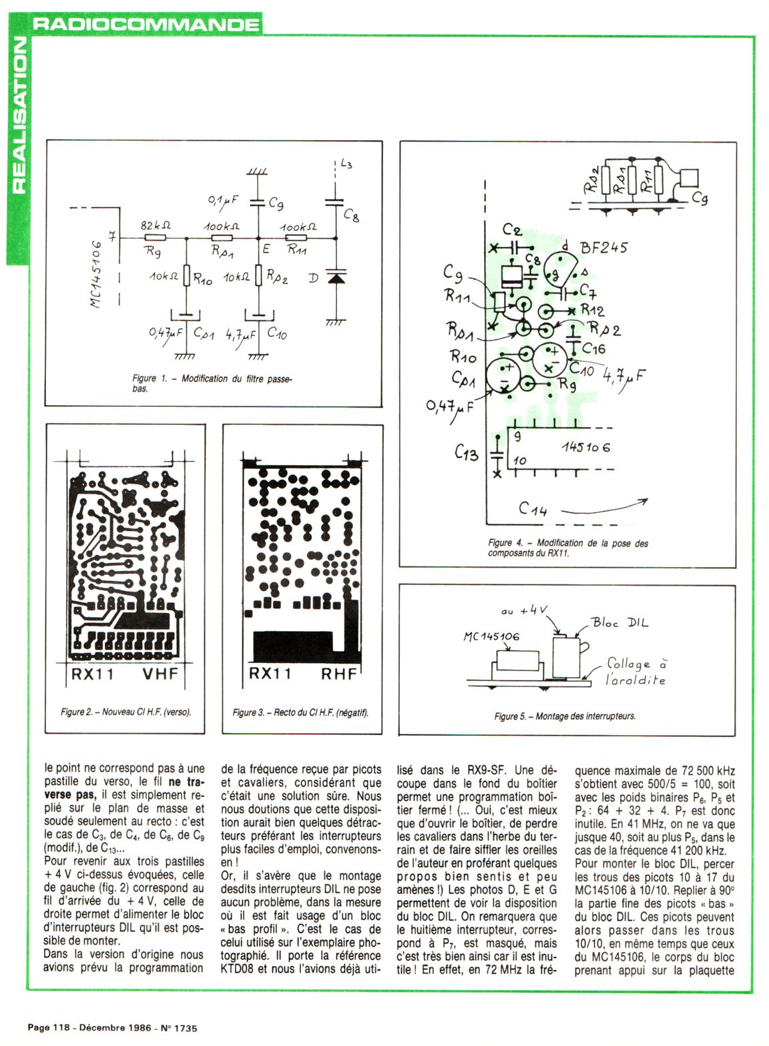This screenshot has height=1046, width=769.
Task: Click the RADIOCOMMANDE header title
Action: click(x=146, y=25)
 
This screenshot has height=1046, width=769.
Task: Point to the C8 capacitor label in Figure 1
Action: click(x=352, y=215)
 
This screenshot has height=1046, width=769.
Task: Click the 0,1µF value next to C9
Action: click(x=223, y=199)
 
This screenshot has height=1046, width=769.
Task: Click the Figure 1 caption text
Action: click(x=212, y=383)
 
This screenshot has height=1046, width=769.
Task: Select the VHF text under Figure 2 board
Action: click(x=161, y=674)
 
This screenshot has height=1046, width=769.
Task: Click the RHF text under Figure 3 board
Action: click(x=339, y=674)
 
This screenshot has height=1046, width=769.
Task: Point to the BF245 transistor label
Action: click(x=604, y=248)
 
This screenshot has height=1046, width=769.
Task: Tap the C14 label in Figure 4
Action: click(x=533, y=510)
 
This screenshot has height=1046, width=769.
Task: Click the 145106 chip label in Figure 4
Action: click(x=585, y=448)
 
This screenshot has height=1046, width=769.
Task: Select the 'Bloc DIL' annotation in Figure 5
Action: click(x=619, y=622)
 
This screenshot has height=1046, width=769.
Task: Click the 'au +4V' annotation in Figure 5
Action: click(x=524, y=610)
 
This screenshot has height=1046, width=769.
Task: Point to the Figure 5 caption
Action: click(x=565, y=716)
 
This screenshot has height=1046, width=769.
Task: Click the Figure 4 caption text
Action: click(x=567, y=548)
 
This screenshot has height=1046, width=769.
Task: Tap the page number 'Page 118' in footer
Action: click(x=47, y=1028)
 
